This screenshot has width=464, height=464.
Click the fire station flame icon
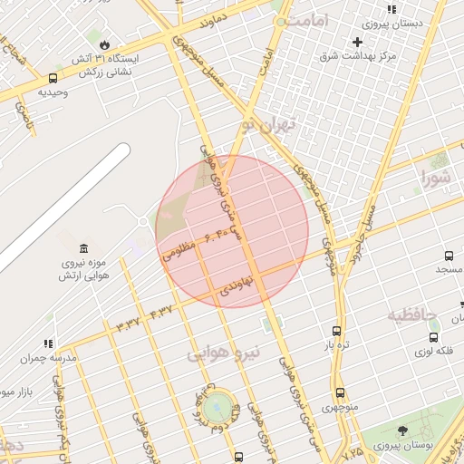105,43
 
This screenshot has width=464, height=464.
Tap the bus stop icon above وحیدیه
53,78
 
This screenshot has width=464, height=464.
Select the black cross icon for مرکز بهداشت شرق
357,42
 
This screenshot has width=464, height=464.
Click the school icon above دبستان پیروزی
391,10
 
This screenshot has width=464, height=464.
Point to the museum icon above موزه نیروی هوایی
84,248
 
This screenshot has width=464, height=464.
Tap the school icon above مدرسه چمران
48,343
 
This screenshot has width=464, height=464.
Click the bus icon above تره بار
337,331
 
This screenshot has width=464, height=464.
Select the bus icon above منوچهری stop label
340,392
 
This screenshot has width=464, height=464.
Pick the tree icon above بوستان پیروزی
402,431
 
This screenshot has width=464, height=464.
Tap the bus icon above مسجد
449,256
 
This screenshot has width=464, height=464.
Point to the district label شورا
434,178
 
